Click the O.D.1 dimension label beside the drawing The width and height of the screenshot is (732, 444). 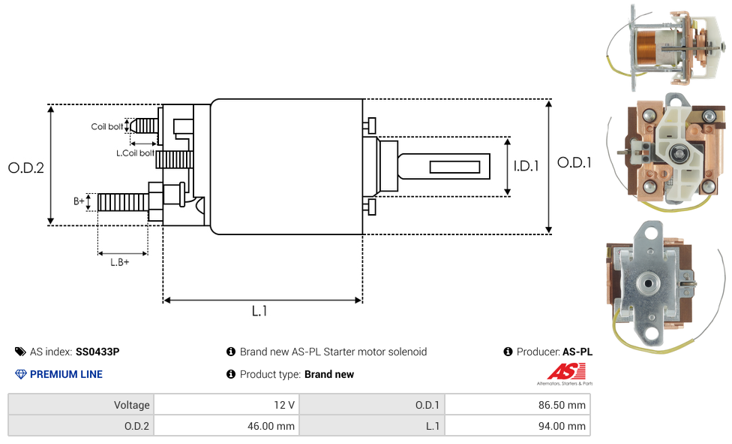click(574, 162)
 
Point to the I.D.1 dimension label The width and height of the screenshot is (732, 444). click(526, 166)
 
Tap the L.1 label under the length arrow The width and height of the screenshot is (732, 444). click(259, 311)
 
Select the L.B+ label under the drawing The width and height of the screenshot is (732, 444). click(120, 262)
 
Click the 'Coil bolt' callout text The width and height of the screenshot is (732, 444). click(107, 127)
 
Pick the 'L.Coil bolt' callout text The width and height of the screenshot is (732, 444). click(135, 153)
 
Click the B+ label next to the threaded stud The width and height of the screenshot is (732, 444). click(79, 201)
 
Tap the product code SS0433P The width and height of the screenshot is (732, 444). click(97, 352)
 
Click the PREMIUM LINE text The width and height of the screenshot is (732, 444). click(66, 374)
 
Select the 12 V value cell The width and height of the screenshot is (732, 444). click(283, 405)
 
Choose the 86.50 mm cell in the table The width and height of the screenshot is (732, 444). click(563, 405)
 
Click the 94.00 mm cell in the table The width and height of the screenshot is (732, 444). click(563, 426)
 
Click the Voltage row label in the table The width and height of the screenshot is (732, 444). click(131, 405)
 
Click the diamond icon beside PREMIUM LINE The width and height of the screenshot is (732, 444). click(21, 374)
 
